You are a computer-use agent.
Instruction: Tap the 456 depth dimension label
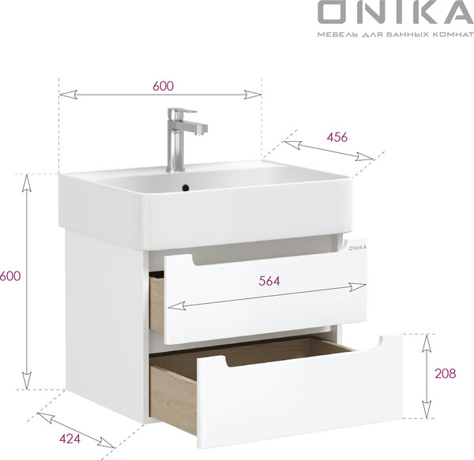click(x=337, y=137)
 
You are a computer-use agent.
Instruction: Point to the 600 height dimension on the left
click(x=9, y=276)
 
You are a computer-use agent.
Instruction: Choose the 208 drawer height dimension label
click(x=446, y=374)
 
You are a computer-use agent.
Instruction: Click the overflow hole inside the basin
click(x=186, y=188)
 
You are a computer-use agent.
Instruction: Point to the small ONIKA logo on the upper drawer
click(x=357, y=245)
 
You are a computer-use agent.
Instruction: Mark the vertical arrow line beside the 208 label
click(x=427, y=375)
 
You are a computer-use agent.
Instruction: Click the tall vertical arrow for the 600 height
click(x=28, y=276)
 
